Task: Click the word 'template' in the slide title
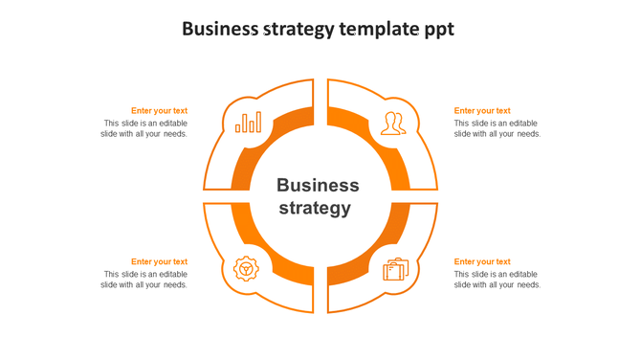point(377,30)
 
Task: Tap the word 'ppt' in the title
point(438,31)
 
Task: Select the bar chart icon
point(249,123)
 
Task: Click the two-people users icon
point(392,124)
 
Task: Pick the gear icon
point(247,269)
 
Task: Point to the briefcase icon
point(395,270)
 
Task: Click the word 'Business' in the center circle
point(318,186)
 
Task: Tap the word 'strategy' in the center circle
point(314,208)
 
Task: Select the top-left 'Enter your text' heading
point(159,111)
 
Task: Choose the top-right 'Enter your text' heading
point(482,111)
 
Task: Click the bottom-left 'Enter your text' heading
point(159,261)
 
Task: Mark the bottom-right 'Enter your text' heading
point(482,261)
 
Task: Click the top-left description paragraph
point(144,128)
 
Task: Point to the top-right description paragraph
point(497,128)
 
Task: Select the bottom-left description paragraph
point(144,280)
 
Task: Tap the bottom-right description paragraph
point(497,280)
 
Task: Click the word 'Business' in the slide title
point(219,30)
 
